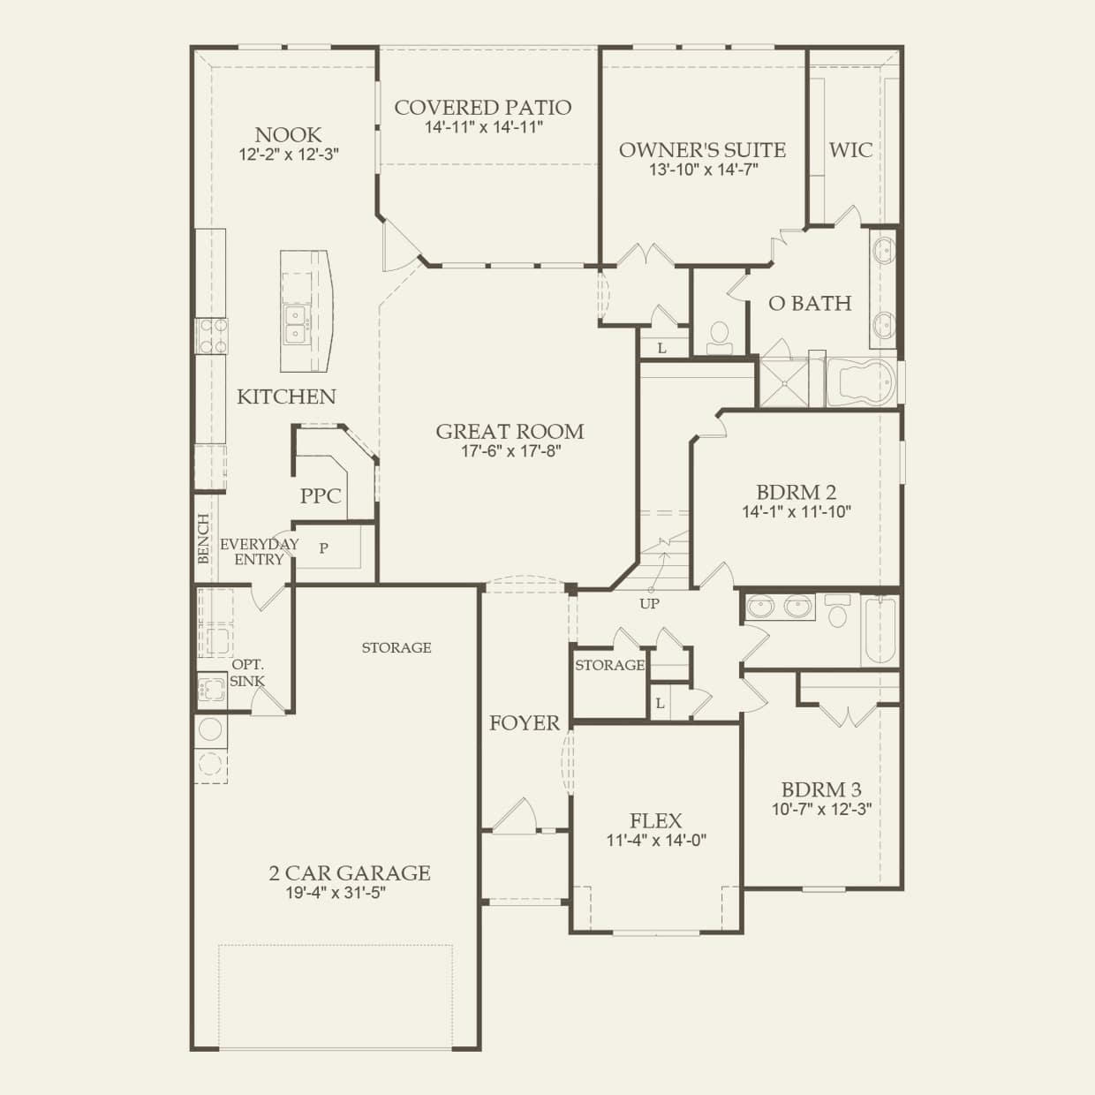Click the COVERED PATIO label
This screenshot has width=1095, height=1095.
pyautogui.click(x=483, y=108)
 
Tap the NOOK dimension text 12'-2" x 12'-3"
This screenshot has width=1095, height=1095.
pyautogui.click(x=289, y=155)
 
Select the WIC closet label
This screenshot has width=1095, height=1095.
pyautogui.click(x=850, y=150)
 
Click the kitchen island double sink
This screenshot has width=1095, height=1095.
pyautogui.click(x=296, y=324)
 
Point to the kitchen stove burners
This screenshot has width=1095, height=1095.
pyautogui.click(x=211, y=336)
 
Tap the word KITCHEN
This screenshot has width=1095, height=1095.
pyautogui.click(x=286, y=396)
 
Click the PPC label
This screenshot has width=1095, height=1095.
pyautogui.click(x=321, y=496)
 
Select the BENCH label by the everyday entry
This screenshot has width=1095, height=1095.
pyautogui.click(x=203, y=539)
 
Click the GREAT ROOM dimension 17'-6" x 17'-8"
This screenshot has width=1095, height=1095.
pyautogui.click(x=510, y=451)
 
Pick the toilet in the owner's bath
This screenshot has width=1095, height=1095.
pyautogui.click(x=720, y=338)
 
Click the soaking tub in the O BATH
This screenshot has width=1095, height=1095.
pyautogui.click(x=862, y=381)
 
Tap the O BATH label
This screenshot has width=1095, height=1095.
pyautogui.click(x=810, y=304)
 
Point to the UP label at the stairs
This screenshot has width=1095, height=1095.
pyautogui.click(x=650, y=603)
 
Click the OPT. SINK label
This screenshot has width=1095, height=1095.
pyautogui.click(x=248, y=673)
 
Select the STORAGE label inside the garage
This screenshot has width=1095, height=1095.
pyautogui.click(x=396, y=647)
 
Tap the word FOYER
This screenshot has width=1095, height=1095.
pyautogui.click(x=525, y=723)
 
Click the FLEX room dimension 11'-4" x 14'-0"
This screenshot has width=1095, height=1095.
pyautogui.click(x=656, y=841)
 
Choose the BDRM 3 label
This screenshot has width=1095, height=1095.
pyautogui.click(x=821, y=789)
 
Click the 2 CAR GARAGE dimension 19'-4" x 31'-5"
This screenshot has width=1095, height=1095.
pyautogui.click(x=336, y=893)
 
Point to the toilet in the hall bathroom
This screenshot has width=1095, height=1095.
pyautogui.click(x=838, y=611)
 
